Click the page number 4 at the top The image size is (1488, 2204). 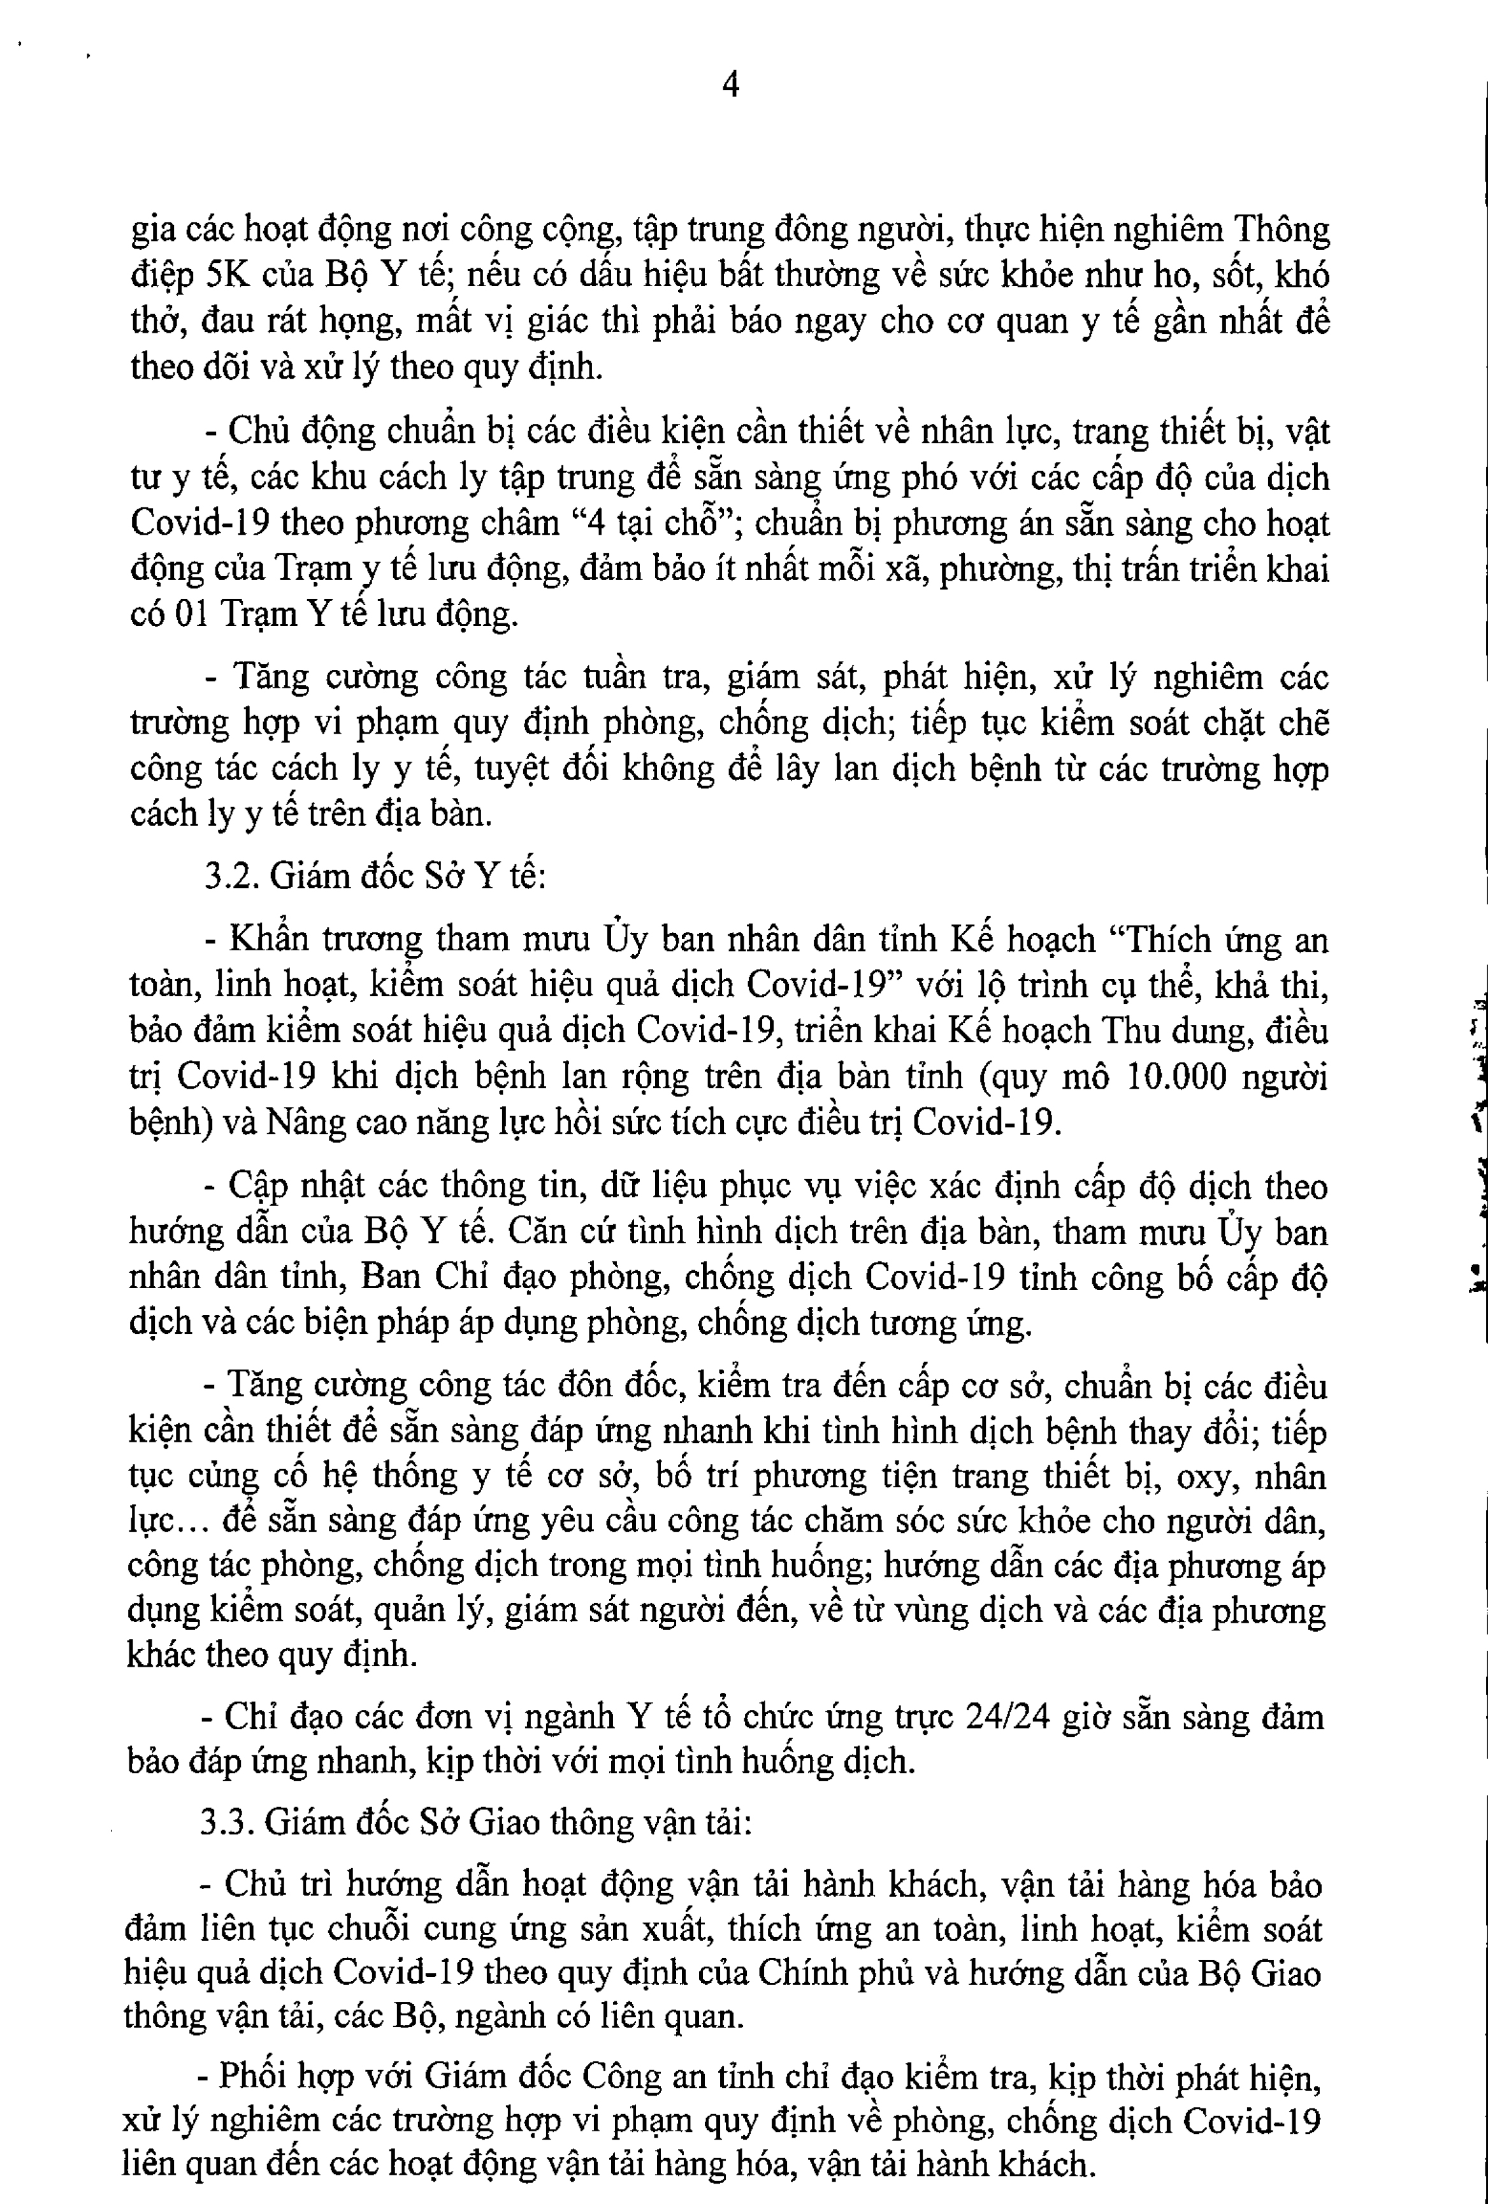pyautogui.click(x=730, y=85)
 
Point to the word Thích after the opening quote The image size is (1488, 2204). pyautogui.click(x=1163, y=941)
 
